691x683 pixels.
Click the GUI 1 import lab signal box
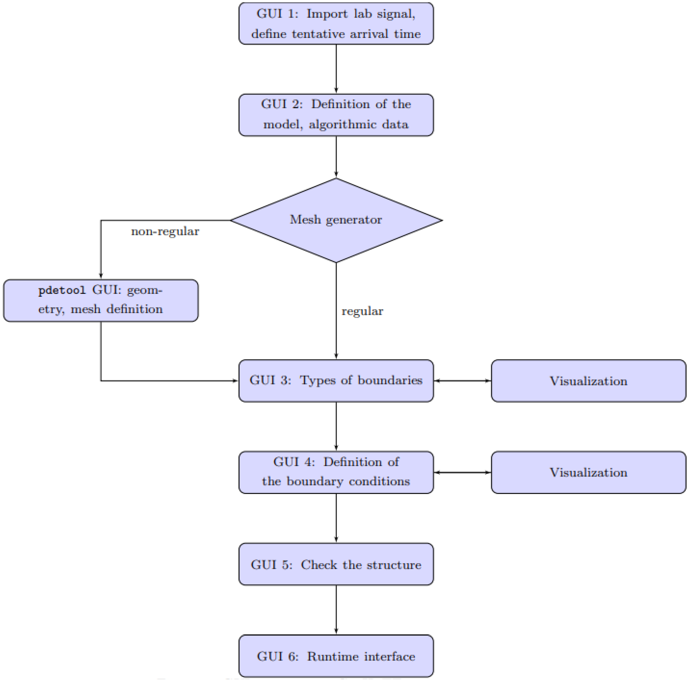[x=336, y=24]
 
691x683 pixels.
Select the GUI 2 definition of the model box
[x=336, y=115]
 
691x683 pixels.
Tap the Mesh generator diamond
[x=336, y=220]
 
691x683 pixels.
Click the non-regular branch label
[x=165, y=231]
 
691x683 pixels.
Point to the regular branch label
[x=362, y=311]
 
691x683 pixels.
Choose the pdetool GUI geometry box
[x=101, y=300]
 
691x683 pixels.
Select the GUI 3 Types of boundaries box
[x=336, y=380]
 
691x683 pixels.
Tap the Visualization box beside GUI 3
[x=588, y=381]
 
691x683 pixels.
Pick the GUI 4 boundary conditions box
[x=336, y=472]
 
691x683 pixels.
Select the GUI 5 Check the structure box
[x=336, y=564]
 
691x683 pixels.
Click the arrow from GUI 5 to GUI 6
[x=336, y=609]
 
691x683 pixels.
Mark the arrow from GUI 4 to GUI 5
[x=336, y=518]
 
